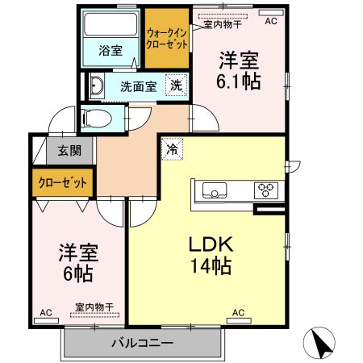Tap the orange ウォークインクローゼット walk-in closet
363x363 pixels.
point(166,38)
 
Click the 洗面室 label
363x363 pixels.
point(138,86)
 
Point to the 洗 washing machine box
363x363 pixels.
point(175,85)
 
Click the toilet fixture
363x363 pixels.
point(97,119)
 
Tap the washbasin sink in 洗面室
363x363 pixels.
point(96,86)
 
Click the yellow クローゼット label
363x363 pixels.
point(62,183)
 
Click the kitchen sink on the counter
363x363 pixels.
point(215,191)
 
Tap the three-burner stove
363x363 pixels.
point(265,191)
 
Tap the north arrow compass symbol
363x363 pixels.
point(323,344)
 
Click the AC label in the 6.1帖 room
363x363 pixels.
point(270,21)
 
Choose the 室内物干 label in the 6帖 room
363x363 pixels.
point(94,307)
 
